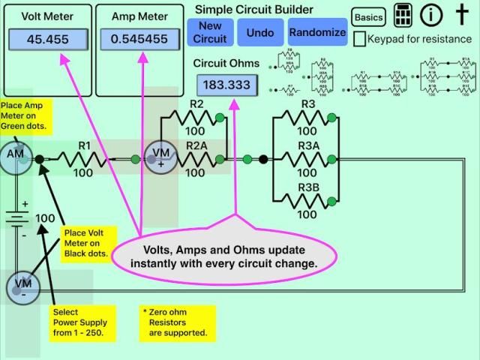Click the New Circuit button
[211, 31]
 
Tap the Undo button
[260, 31]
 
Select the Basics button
[368, 17]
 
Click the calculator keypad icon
[403, 16]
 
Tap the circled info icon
[430, 16]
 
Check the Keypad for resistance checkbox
[360, 38]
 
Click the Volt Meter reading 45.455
[47, 39]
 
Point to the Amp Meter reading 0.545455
[139, 39]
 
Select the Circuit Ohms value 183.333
[226, 85]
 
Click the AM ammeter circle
[16, 154]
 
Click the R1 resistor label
[83, 145]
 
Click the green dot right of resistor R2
[219, 117]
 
